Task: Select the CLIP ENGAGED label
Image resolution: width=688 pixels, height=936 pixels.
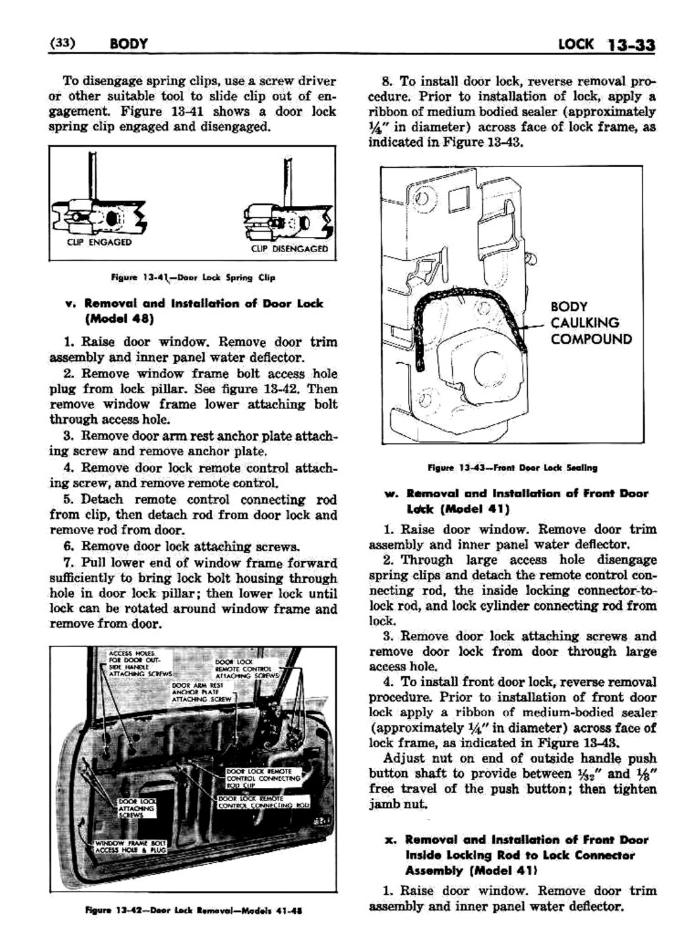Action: (x=99, y=242)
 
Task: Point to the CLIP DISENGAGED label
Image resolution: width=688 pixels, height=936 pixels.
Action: (x=290, y=249)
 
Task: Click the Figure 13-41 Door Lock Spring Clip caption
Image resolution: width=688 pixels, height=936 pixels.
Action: (x=191, y=277)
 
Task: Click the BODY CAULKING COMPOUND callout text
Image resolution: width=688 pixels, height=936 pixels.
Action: (x=590, y=322)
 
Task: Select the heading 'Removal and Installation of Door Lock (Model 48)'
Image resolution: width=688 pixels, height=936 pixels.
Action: (x=203, y=310)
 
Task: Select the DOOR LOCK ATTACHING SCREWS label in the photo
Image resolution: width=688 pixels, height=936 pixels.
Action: (x=136, y=809)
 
